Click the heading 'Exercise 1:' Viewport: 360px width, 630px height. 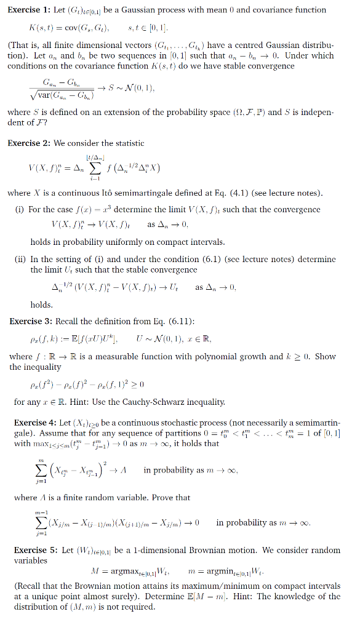point(28,10)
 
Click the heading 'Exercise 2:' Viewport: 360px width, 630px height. point(28,143)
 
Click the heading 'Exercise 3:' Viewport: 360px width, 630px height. point(30,321)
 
